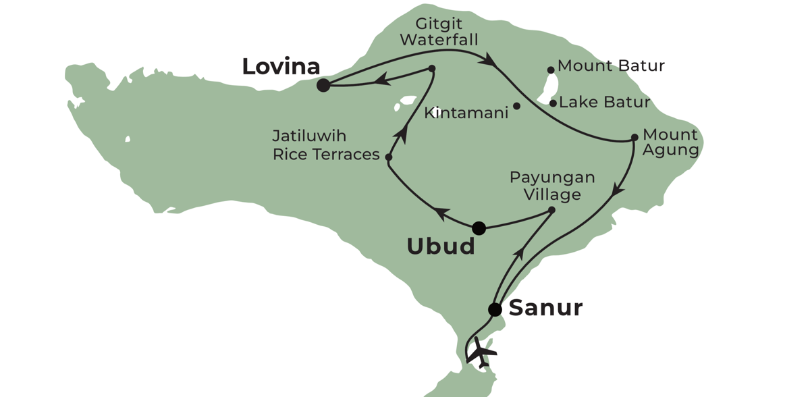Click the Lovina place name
coord(281,66)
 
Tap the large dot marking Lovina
coord(323,85)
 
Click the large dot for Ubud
coord(479,228)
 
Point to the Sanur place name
coord(545,309)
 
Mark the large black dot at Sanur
coord(495,309)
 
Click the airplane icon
coord(482,352)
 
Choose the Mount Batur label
coord(612,66)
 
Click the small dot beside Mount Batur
coord(551,70)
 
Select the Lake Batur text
coord(605,103)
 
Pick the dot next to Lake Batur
coord(553,103)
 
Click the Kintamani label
coord(466,113)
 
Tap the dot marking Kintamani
coord(516,106)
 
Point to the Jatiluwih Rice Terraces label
coord(326,145)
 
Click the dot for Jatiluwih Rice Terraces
coord(389,157)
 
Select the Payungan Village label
coord(552,186)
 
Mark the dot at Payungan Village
coord(551,210)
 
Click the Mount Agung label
coord(670,142)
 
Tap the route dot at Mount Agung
coord(634,138)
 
